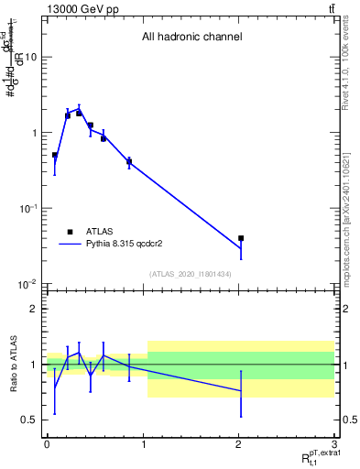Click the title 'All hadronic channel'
(x=191, y=38)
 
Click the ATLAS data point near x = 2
(x=241, y=238)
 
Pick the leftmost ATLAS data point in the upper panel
(x=55, y=156)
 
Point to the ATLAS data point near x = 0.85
(x=129, y=162)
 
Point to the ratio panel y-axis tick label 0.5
(x=29, y=420)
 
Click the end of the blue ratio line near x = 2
(x=241, y=391)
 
